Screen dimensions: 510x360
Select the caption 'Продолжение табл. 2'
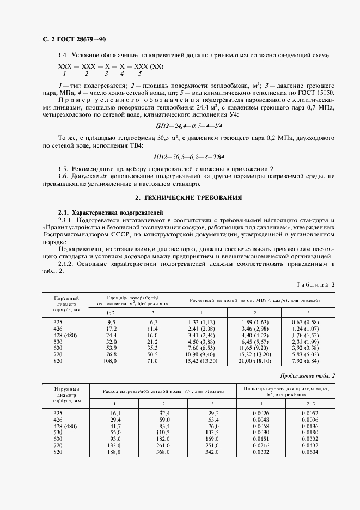click(x=308, y=376)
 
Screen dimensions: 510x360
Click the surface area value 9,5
click(x=111, y=322)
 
